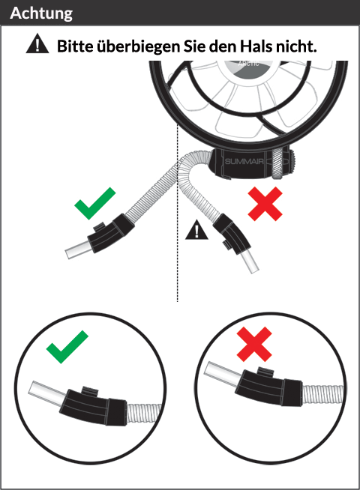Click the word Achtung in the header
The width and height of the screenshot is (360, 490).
(41, 13)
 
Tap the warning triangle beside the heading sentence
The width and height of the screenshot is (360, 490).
(37, 43)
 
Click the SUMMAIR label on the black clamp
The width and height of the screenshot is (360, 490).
(244, 162)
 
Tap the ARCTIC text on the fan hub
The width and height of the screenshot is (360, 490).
(248, 64)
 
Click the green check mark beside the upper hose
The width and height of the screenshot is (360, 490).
(94, 203)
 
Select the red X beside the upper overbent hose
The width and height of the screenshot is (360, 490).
(265, 204)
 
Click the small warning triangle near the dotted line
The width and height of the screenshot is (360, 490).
(196, 230)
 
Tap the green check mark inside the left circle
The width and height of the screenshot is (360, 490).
(67, 347)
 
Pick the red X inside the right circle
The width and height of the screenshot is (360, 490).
(254, 344)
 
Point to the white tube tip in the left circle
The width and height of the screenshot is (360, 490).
(47, 394)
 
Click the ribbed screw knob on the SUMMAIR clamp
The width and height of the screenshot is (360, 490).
(277, 163)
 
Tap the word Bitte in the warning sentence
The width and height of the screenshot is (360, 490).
(75, 46)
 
